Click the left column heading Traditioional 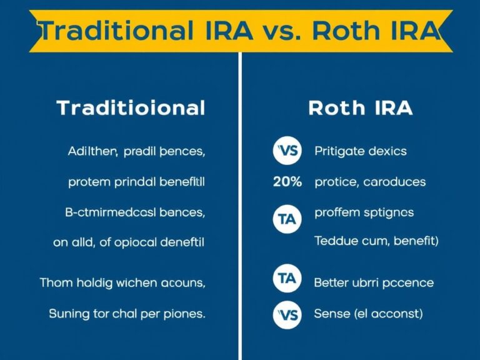click(x=131, y=108)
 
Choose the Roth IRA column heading click(x=361, y=108)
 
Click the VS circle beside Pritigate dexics click(x=287, y=151)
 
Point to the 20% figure click(x=287, y=182)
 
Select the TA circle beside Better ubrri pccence click(x=287, y=279)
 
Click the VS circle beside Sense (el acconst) click(x=287, y=314)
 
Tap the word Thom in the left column click(x=55, y=283)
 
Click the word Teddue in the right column click(x=334, y=241)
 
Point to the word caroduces click(x=395, y=182)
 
